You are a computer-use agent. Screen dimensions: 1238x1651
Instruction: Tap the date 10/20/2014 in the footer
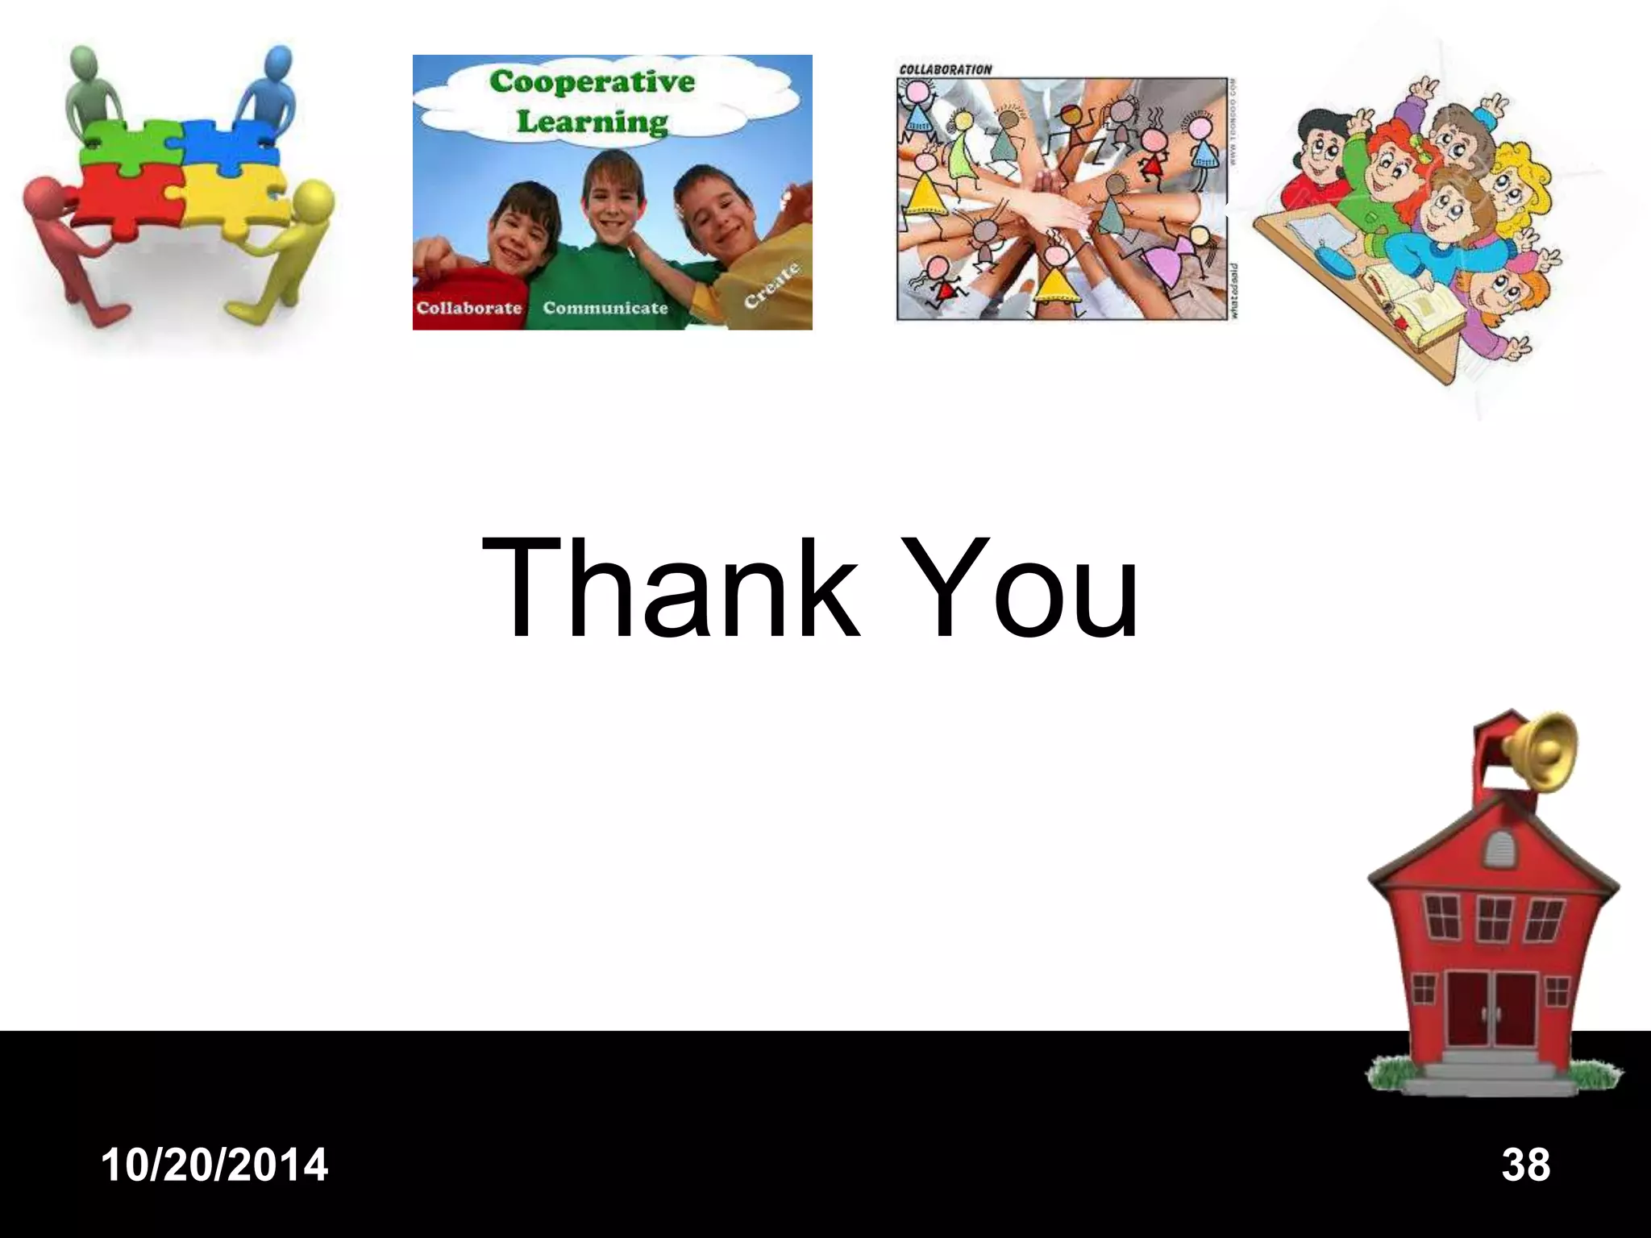coord(215,1165)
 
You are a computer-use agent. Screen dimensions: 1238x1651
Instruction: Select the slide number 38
coord(1525,1165)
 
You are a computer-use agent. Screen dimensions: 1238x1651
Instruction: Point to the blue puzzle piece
coord(230,145)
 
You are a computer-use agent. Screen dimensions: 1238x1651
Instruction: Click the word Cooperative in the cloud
coord(592,82)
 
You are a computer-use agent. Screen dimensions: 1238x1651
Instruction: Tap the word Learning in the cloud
coord(592,123)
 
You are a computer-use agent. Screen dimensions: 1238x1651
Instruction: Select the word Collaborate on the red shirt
coord(468,308)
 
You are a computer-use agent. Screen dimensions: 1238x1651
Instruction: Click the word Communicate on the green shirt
coord(605,308)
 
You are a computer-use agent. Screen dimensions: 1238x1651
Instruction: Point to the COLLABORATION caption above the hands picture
coord(945,69)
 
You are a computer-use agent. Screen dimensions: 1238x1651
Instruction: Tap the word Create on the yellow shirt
coord(771,286)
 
